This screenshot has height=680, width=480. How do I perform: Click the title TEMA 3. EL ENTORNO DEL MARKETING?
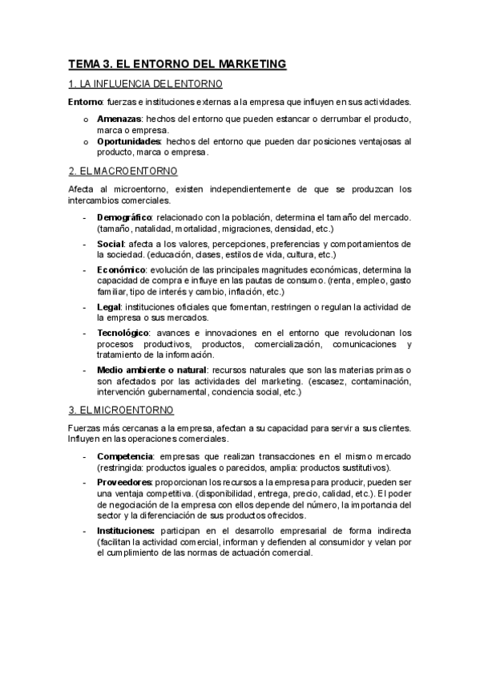[176, 63]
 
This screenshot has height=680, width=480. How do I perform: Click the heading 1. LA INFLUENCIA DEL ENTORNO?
[145, 83]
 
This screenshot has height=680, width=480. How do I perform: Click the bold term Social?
[110, 243]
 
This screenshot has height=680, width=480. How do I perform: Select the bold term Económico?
[122, 269]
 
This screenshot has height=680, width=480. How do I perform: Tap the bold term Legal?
[108, 307]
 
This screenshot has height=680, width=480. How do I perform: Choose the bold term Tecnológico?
[123, 333]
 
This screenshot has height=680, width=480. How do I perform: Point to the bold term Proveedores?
[124, 482]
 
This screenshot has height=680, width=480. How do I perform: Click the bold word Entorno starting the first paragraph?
[85, 102]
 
